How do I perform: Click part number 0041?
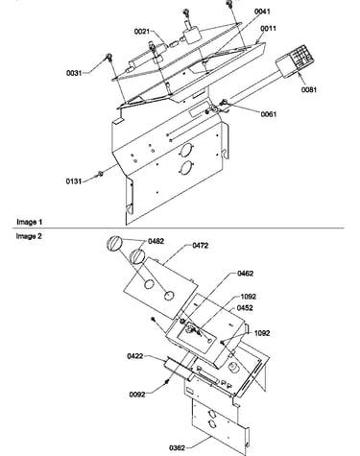click(x=262, y=12)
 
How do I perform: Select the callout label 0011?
click(x=268, y=29)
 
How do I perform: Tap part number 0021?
click(x=142, y=32)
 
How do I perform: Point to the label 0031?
click(x=74, y=73)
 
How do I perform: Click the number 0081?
click(x=308, y=90)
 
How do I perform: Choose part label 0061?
click(x=268, y=114)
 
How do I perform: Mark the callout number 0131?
click(x=74, y=181)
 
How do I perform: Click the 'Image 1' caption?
click(x=29, y=222)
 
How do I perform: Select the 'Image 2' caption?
click(x=29, y=236)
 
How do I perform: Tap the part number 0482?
click(x=156, y=241)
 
